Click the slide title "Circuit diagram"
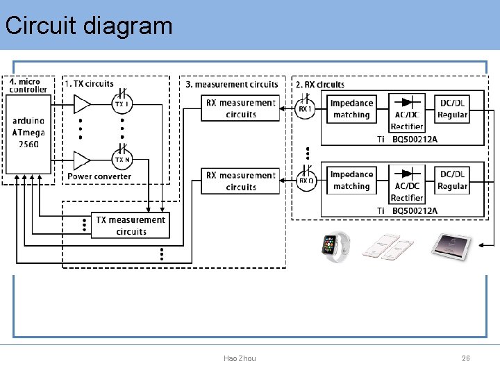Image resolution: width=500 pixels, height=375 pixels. coord(88,26)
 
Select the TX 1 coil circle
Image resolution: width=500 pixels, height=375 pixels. coord(122,104)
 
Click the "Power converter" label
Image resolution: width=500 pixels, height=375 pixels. coord(99,176)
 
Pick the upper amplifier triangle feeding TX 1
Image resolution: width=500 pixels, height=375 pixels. coord(82,105)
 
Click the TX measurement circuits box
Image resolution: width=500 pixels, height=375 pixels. coord(131,226)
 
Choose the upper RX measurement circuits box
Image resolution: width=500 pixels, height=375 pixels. coord(241,108)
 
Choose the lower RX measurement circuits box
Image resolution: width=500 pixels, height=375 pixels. coord(241,181)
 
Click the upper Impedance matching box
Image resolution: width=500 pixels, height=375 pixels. coord(351,109)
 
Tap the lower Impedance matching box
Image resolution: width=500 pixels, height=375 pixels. coord(351,181)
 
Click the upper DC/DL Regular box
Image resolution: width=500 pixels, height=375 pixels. coord(453,109)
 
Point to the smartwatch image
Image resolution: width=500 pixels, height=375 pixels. coord(335,246)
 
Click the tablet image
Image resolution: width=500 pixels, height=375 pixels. coord(451,244)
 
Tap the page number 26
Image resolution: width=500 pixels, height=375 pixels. coord(466,358)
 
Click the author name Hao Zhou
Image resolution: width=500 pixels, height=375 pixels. coord(240,358)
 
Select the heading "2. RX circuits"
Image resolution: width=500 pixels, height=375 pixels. coord(320,85)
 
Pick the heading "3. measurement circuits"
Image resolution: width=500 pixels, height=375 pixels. coord(232,85)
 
